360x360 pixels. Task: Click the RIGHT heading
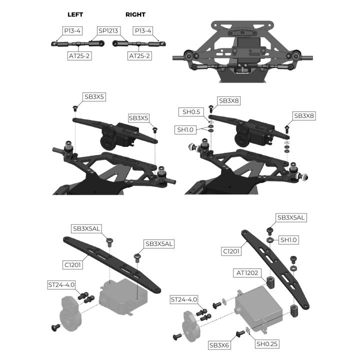point(135,14)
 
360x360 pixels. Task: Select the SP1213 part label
point(108,30)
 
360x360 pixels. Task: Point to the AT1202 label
point(248,273)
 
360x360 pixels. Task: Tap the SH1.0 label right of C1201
point(288,240)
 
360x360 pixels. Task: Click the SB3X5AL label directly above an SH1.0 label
point(291,217)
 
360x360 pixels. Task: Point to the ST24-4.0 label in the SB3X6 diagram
point(184,299)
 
